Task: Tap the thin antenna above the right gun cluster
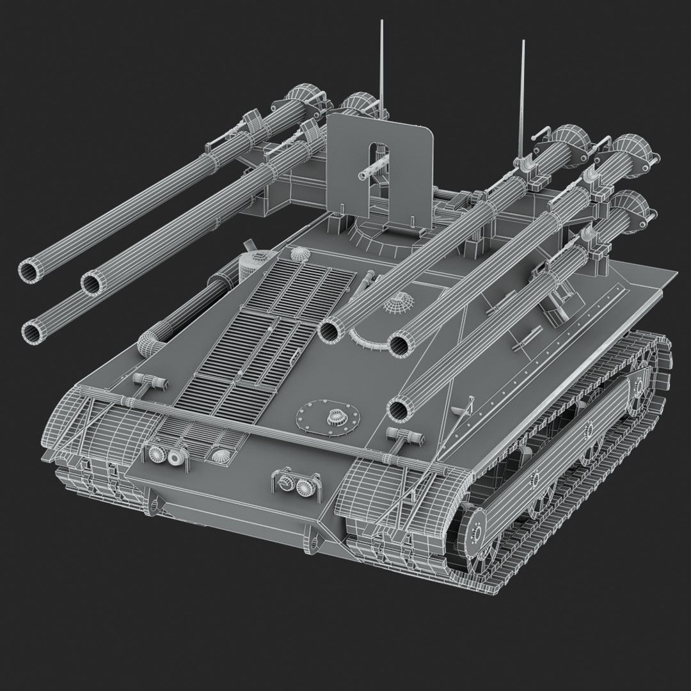523,83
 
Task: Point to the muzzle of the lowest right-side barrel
399,407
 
